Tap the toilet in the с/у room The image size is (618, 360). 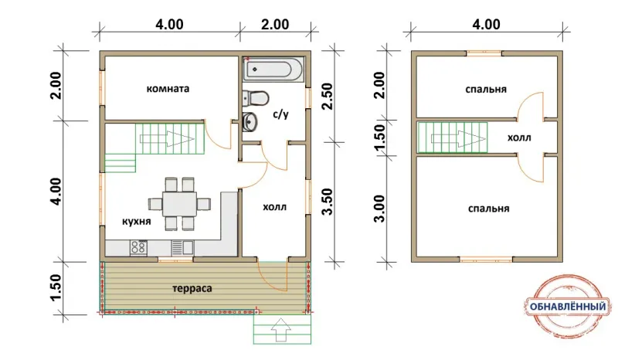tap(256, 98)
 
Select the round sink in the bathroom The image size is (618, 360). tap(250, 122)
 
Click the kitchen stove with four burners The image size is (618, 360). tap(139, 248)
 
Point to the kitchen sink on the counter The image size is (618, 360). tap(182, 248)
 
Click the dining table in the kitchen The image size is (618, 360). tap(180, 204)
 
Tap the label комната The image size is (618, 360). tap(168, 89)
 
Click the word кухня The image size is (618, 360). tap(137, 222)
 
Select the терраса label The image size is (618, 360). tap(192, 289)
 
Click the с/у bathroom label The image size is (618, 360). tap(281, 114)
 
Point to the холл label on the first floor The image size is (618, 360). tap(275, 207)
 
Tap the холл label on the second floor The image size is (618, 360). tap(519, 138)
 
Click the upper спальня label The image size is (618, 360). tap(486, 90)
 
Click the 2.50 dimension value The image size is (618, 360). tap(328, 96)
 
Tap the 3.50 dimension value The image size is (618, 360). tap(328, 202)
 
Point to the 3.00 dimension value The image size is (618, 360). tap(379, 209)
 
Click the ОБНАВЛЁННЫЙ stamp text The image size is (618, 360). tap(568, 307)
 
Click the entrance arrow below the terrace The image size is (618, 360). tap(281, 330)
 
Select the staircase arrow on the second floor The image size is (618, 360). tap(458, 138)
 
